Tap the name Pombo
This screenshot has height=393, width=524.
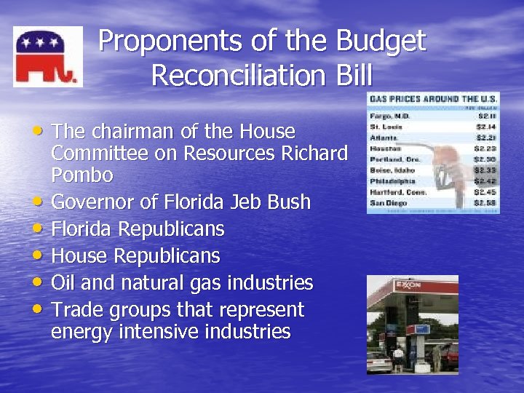82,175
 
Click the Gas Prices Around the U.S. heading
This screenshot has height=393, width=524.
433,99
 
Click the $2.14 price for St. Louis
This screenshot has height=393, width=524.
485,126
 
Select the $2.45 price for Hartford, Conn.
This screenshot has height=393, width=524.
485,191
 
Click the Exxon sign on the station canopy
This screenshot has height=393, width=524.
408,285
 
